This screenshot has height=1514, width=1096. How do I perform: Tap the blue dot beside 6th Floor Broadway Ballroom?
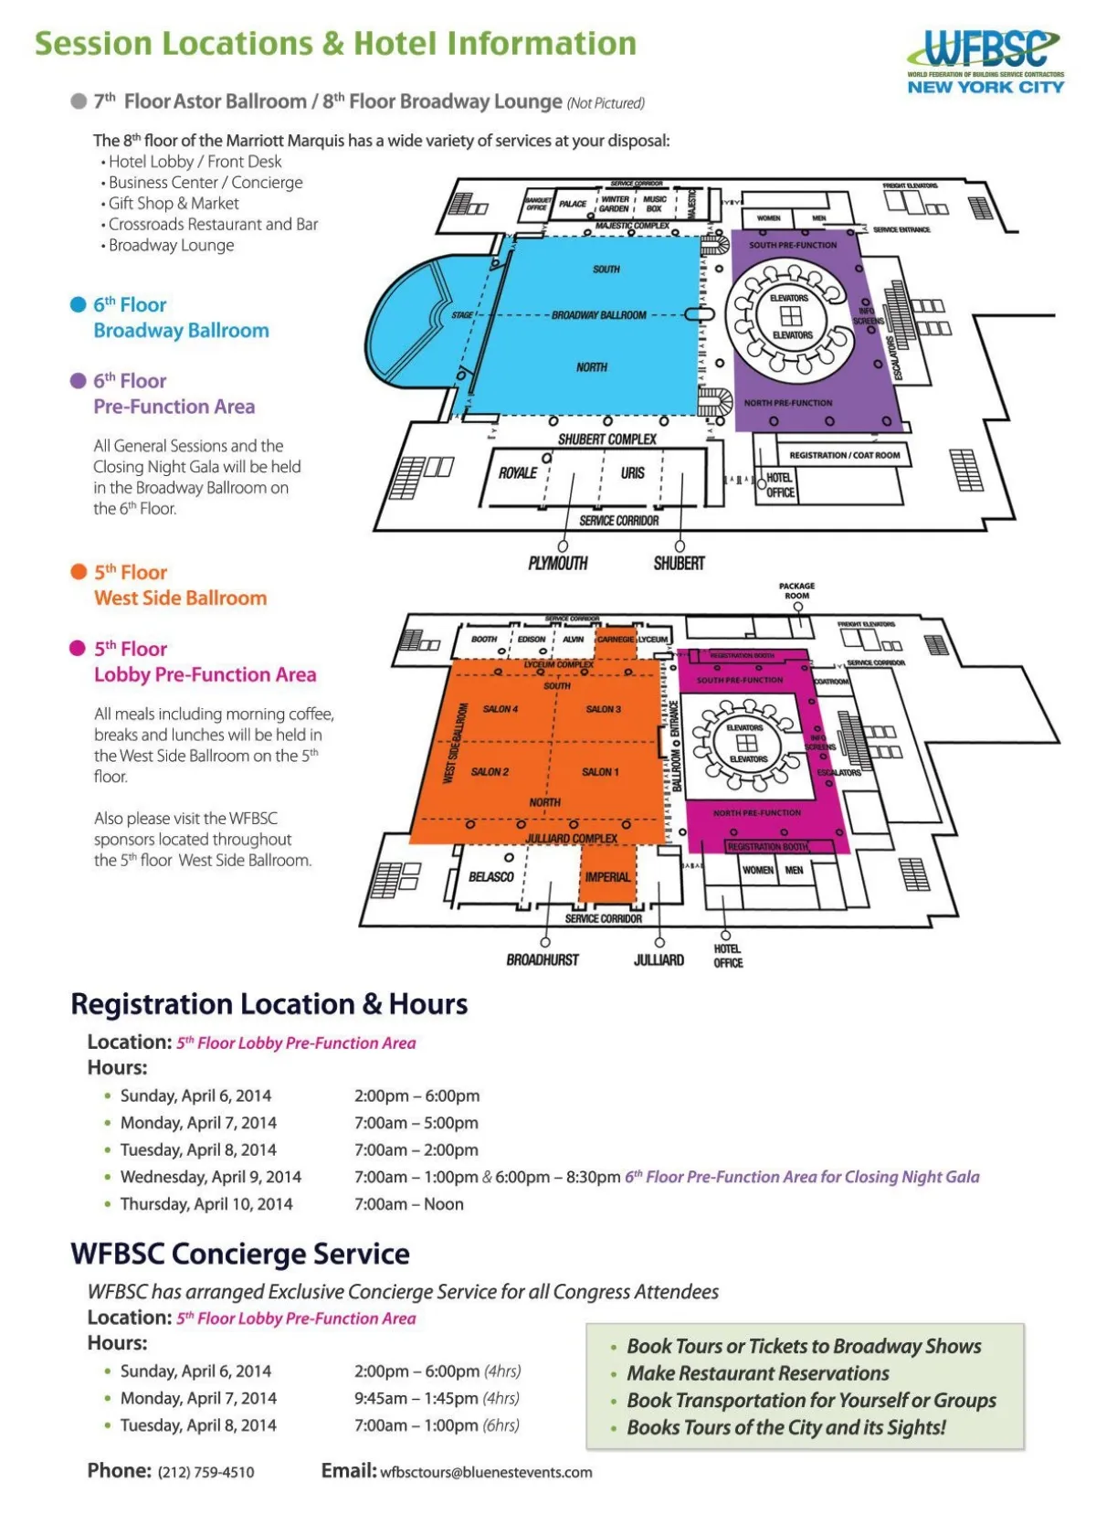[79, 304]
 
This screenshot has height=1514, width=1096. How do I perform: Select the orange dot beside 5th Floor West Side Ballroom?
[79, 572]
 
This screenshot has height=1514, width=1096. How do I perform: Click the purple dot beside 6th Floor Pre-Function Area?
[79, 381]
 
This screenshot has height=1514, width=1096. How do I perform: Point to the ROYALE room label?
[518, 473]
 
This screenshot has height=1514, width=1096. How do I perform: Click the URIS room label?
[632, 473]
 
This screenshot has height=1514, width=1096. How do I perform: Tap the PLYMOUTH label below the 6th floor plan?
[557, 564]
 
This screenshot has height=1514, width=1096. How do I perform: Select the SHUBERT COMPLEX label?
[607, 439]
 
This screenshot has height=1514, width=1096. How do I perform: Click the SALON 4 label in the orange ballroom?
[500, 709]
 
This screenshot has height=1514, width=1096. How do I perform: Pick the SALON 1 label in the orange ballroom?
[600, 772]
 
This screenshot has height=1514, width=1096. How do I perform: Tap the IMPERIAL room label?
[607, 877]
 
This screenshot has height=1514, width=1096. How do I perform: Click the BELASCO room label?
[491, 877]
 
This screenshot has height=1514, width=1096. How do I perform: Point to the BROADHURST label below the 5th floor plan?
[543, 960]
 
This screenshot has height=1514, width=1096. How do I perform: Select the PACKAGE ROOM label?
[796, 591]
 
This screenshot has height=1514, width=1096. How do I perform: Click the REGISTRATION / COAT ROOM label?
[844, 455]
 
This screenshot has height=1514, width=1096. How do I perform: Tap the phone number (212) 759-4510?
[205, 1472]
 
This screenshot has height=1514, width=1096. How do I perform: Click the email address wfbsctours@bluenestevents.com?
[486, 1472]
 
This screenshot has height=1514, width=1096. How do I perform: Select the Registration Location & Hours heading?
[269, 1004]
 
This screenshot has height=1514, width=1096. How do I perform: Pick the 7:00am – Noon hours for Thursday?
[408, 1204]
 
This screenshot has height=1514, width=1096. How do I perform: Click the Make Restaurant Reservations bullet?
[757, 1373]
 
